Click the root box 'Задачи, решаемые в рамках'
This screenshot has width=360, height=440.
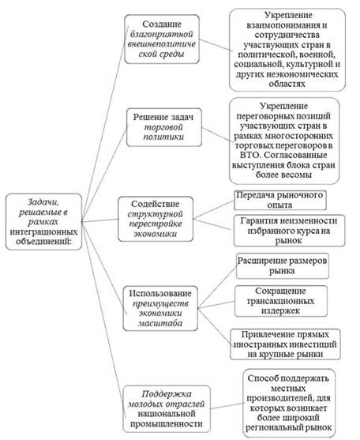click(44, 222)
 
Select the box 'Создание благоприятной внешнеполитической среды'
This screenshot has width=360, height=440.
click(162, 39)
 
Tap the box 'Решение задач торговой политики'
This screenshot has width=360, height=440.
click(164, 127)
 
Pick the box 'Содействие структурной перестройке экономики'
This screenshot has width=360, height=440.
click(156, 219)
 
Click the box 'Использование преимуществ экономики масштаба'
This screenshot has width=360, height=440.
click(160, 308)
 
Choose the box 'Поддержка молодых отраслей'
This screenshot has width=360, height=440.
click(167, 408)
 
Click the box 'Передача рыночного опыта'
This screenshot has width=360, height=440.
click(280, 200)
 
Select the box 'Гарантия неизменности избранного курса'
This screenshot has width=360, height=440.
click(289, 231)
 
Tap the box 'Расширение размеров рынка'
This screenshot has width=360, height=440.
click(283, 265)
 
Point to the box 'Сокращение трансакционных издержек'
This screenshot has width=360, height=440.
click(281, 301)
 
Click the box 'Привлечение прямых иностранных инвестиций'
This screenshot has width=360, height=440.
click(286, 344)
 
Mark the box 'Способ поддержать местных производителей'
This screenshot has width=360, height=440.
click(289, 403)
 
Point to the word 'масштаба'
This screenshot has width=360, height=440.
click(160, 323)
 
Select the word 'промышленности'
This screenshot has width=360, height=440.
click(167, 424)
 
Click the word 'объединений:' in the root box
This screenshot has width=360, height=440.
click(43, 241)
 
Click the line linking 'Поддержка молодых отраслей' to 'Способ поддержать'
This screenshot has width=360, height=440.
click(227, 406)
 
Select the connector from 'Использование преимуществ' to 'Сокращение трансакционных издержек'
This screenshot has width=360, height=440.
click(216, 305)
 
